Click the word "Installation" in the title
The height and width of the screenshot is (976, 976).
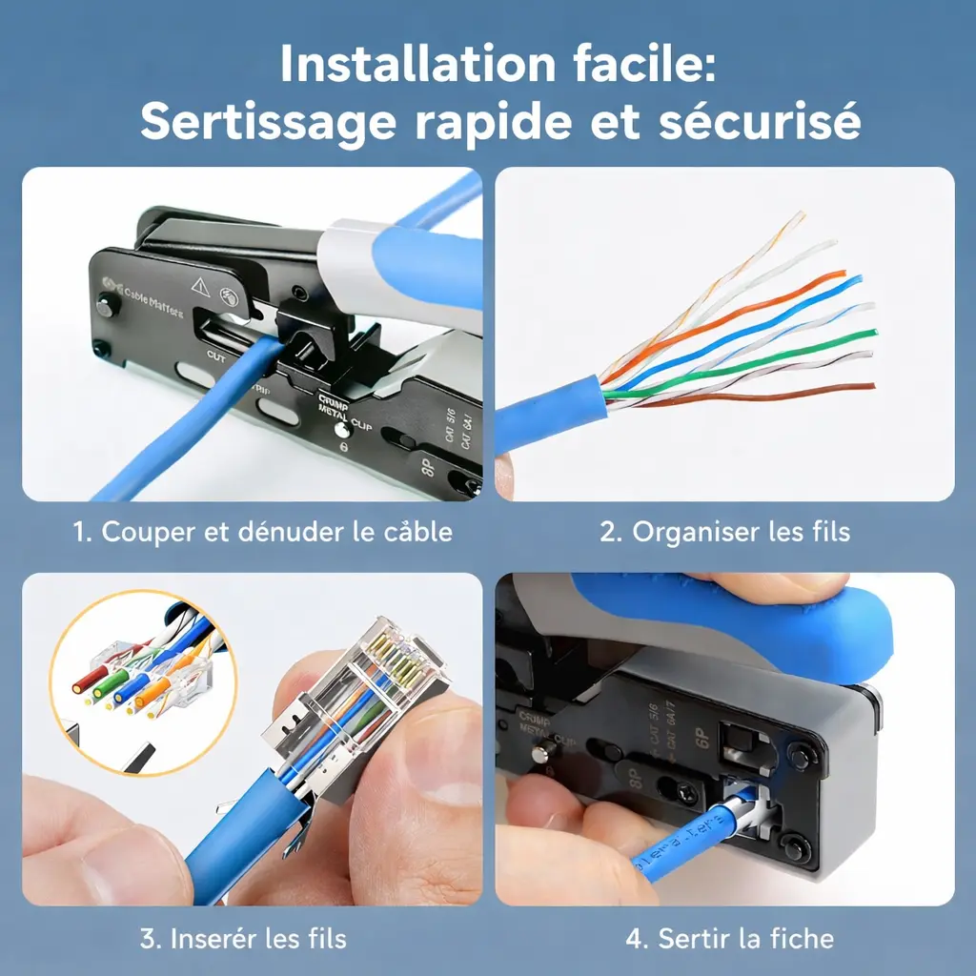pyautogui.click(x=400, y=65)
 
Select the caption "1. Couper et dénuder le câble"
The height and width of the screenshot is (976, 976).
pyautogui.click(x=263, y=531)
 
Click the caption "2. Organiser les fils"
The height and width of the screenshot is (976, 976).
pyautogui.click(x=724, y=531)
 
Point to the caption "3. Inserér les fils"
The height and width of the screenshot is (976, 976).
pyautogui.click(x=243, y=939)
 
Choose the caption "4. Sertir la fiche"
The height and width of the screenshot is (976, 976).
pyautogui.click(x=729, y=939)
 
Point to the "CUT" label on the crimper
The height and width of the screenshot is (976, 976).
pyautogui.click(x=216, y=356)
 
